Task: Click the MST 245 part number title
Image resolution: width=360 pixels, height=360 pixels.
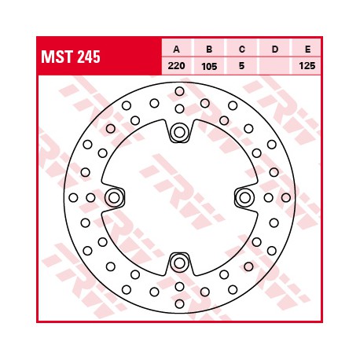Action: pos(71,57)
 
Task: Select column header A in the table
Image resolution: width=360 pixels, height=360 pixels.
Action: pos(177,49)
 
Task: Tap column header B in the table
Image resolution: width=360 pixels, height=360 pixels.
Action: pos(209,49)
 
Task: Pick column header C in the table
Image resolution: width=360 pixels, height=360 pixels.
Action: pos(242,49)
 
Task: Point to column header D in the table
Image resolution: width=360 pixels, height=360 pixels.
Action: pos(275,49)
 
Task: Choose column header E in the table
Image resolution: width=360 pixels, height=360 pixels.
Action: pos(307,49)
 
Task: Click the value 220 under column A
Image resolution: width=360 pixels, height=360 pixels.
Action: pos(176,65)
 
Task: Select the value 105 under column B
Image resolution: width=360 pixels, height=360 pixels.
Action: pos(209,66)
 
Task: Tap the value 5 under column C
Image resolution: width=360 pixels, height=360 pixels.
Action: pos(241,65)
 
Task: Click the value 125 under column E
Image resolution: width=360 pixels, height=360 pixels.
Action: pos(307,65)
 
